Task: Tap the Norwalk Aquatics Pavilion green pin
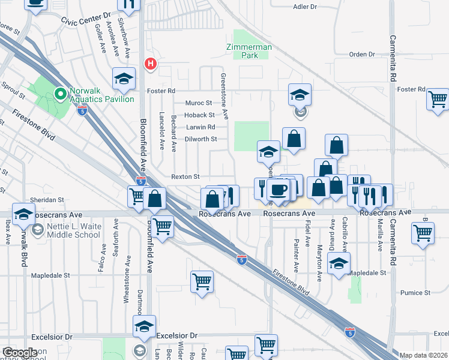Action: (60, 94)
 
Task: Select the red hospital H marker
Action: (150, 62)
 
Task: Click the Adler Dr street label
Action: (305, 7)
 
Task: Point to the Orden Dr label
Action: (362, 55)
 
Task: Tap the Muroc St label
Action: (200, 103)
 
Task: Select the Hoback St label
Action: (199, 115)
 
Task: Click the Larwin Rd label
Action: (200, 127)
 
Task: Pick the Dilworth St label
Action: (200, 139)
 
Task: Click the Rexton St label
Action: (185, 177)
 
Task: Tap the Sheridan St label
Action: (49, 200)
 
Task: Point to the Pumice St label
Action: (416, 293)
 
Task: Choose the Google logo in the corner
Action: (20, 353)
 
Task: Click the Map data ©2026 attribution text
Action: (424, 355)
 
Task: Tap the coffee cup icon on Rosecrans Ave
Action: (277, 190)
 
